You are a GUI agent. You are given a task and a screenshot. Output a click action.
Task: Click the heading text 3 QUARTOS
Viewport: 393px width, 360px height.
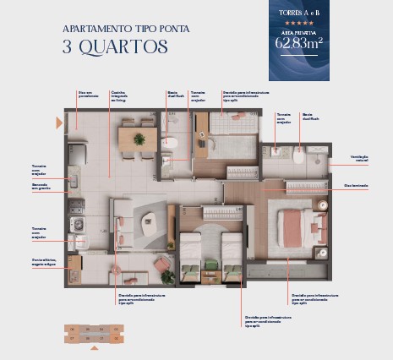[x=115, y=46]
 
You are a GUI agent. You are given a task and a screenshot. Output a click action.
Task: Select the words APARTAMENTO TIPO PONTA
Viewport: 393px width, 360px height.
[x=126, y=28]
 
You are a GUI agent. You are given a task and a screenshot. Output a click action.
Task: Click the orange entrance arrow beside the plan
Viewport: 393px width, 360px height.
[x=58, y=123]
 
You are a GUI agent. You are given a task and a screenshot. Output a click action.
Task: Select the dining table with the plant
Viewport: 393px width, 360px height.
[x=139, y=139]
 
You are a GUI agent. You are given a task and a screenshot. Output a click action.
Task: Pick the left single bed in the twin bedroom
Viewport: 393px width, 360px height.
[x=192, y=254]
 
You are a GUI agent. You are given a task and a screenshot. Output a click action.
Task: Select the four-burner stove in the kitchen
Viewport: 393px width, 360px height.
[x=77, y=224]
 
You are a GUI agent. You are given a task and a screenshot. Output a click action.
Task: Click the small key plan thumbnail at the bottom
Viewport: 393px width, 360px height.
[x=94, y=333]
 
